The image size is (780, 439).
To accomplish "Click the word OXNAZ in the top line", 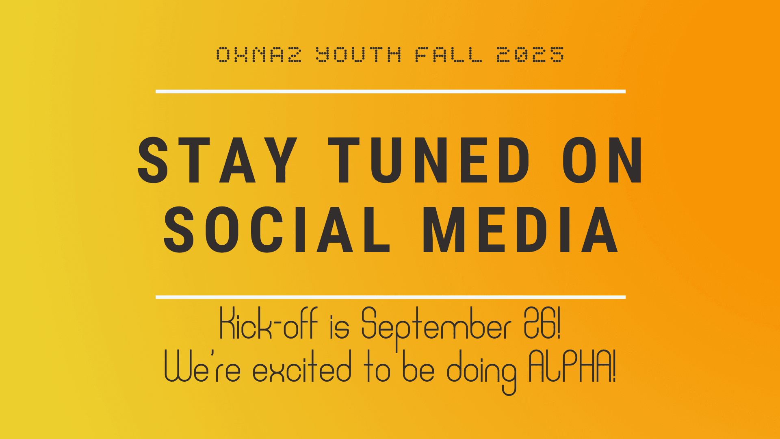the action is coord(259,54).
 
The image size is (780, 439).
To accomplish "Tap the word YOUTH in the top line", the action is coord(359,54).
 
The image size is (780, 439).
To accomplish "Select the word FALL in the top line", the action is coord(448,54).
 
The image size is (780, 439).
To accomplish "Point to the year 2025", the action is coord(530,54).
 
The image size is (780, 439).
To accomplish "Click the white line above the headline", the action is coord(390,91).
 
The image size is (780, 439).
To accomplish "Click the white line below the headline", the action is coord(390,297).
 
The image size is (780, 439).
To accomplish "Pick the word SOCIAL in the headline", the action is coord(277,230).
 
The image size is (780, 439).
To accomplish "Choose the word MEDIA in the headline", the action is coord(520,230).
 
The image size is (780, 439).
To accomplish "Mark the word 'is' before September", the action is coord(339,326).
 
